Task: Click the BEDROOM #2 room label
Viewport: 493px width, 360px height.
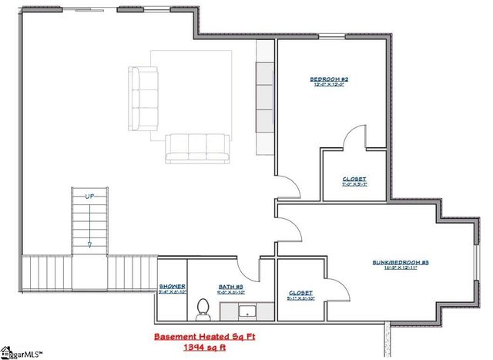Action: (x=330, y=79)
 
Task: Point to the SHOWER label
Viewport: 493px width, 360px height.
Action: (x=171, y=287)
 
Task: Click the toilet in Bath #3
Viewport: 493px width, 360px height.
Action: (x=203, y=308)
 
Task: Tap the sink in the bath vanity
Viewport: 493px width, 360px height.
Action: (x=246, y=312)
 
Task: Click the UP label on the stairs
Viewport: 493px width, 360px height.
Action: (x=89, y=198)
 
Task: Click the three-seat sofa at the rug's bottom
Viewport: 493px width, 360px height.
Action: (x=197, y=147)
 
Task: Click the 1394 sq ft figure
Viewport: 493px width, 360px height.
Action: (x=201, y=349)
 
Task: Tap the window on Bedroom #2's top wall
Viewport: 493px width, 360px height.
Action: (x=332, y=37)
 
